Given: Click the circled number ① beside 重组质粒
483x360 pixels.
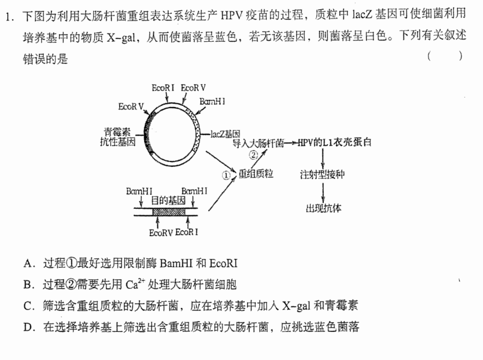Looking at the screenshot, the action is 226,175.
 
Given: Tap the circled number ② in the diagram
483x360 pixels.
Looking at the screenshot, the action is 253,155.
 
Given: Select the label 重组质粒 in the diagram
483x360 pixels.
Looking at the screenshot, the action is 256,174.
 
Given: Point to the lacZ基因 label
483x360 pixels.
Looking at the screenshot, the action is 225,134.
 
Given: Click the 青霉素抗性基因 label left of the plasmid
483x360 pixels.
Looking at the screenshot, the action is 118,137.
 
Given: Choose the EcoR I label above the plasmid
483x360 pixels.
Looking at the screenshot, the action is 163,88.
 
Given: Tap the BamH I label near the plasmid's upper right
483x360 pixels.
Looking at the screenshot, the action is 212,101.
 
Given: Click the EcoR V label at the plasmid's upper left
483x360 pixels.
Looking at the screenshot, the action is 131,106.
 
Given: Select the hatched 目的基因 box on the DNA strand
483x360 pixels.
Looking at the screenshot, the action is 169,212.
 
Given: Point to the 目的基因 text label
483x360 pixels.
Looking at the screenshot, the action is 168,200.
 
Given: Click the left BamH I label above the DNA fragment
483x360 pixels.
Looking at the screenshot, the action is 139,191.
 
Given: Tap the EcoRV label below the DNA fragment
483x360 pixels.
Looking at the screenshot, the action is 161,233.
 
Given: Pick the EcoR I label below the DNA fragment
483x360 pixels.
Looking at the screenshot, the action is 187,232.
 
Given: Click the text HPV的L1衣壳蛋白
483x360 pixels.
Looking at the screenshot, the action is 335,142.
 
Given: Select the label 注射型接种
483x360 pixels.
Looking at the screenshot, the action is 323,175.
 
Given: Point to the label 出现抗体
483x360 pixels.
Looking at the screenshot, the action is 323,208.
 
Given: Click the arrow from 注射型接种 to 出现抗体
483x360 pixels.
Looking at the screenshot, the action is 323,193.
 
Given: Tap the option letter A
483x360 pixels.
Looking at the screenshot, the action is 28,264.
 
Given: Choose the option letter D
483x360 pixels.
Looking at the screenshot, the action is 28,327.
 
